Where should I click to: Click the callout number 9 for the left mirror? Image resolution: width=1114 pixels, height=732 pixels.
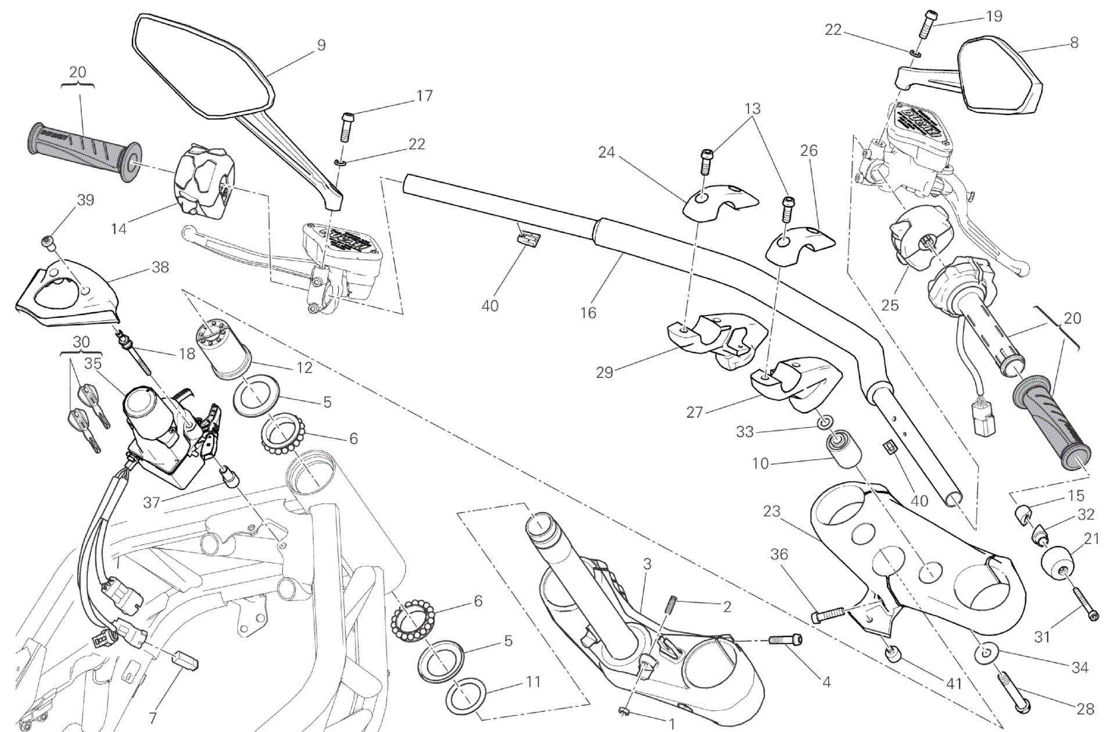[x=321, y=45]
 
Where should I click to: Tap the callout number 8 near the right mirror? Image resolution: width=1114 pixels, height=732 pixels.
[x=1073, y=42]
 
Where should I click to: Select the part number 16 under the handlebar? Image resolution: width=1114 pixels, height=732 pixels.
[x=588, y=313]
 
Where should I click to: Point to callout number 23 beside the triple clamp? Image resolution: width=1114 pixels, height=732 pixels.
[x=771, y=511]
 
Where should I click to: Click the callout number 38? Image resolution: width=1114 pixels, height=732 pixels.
[x=160, y=267]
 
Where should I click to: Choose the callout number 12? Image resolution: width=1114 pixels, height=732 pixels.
[x=304, y=367]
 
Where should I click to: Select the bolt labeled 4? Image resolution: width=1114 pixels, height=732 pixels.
[x=785, y=640]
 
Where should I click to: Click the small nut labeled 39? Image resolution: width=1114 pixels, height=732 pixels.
[x=48, y=241]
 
